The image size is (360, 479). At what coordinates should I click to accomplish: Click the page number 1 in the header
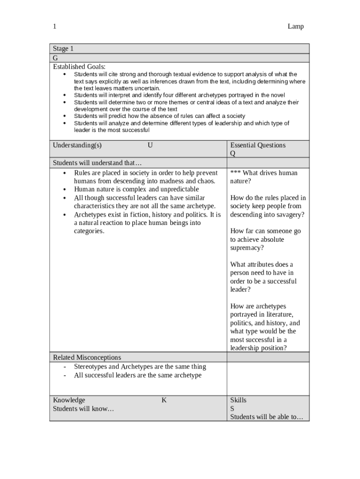click(55, 27)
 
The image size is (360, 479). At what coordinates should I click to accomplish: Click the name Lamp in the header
click(295, 27)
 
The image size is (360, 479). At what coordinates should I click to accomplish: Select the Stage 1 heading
click(63, 49)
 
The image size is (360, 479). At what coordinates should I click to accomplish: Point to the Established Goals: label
click(79, 66)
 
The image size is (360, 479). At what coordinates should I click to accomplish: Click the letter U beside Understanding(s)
click(150, 145)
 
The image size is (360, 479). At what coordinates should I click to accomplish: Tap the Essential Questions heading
click(258, 145)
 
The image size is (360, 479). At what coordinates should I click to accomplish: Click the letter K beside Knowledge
click(164, 400)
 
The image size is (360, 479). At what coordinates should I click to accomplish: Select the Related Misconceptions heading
click(87, 357)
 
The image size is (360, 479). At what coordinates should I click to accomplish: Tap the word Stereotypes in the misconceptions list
click(90, 367)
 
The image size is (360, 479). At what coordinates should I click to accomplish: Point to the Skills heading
click(238, 400)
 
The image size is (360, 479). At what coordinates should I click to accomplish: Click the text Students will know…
click(83, 408)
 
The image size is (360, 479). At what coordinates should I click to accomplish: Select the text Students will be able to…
click(266, 417)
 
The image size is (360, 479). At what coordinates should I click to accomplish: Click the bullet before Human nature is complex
click(64, 189)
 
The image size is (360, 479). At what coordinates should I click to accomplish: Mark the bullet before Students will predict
click(64, 116)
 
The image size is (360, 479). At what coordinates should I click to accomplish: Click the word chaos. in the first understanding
click(205, 181)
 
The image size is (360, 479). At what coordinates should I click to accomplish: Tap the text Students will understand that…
click(97, 163)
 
